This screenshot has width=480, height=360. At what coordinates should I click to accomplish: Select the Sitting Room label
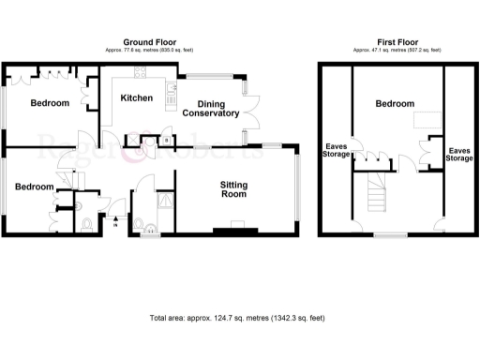click(x=234, y=190)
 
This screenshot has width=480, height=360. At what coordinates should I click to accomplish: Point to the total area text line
click(x=236, y=318)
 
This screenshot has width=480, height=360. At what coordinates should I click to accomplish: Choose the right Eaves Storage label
click(x=458, y=155)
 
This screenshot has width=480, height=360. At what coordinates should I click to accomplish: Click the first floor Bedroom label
click(x=395, y=104)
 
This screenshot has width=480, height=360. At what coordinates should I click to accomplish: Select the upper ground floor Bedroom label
click(x=49, y=103)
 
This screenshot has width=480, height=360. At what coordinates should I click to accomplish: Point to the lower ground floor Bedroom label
click(x=33, y=187)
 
